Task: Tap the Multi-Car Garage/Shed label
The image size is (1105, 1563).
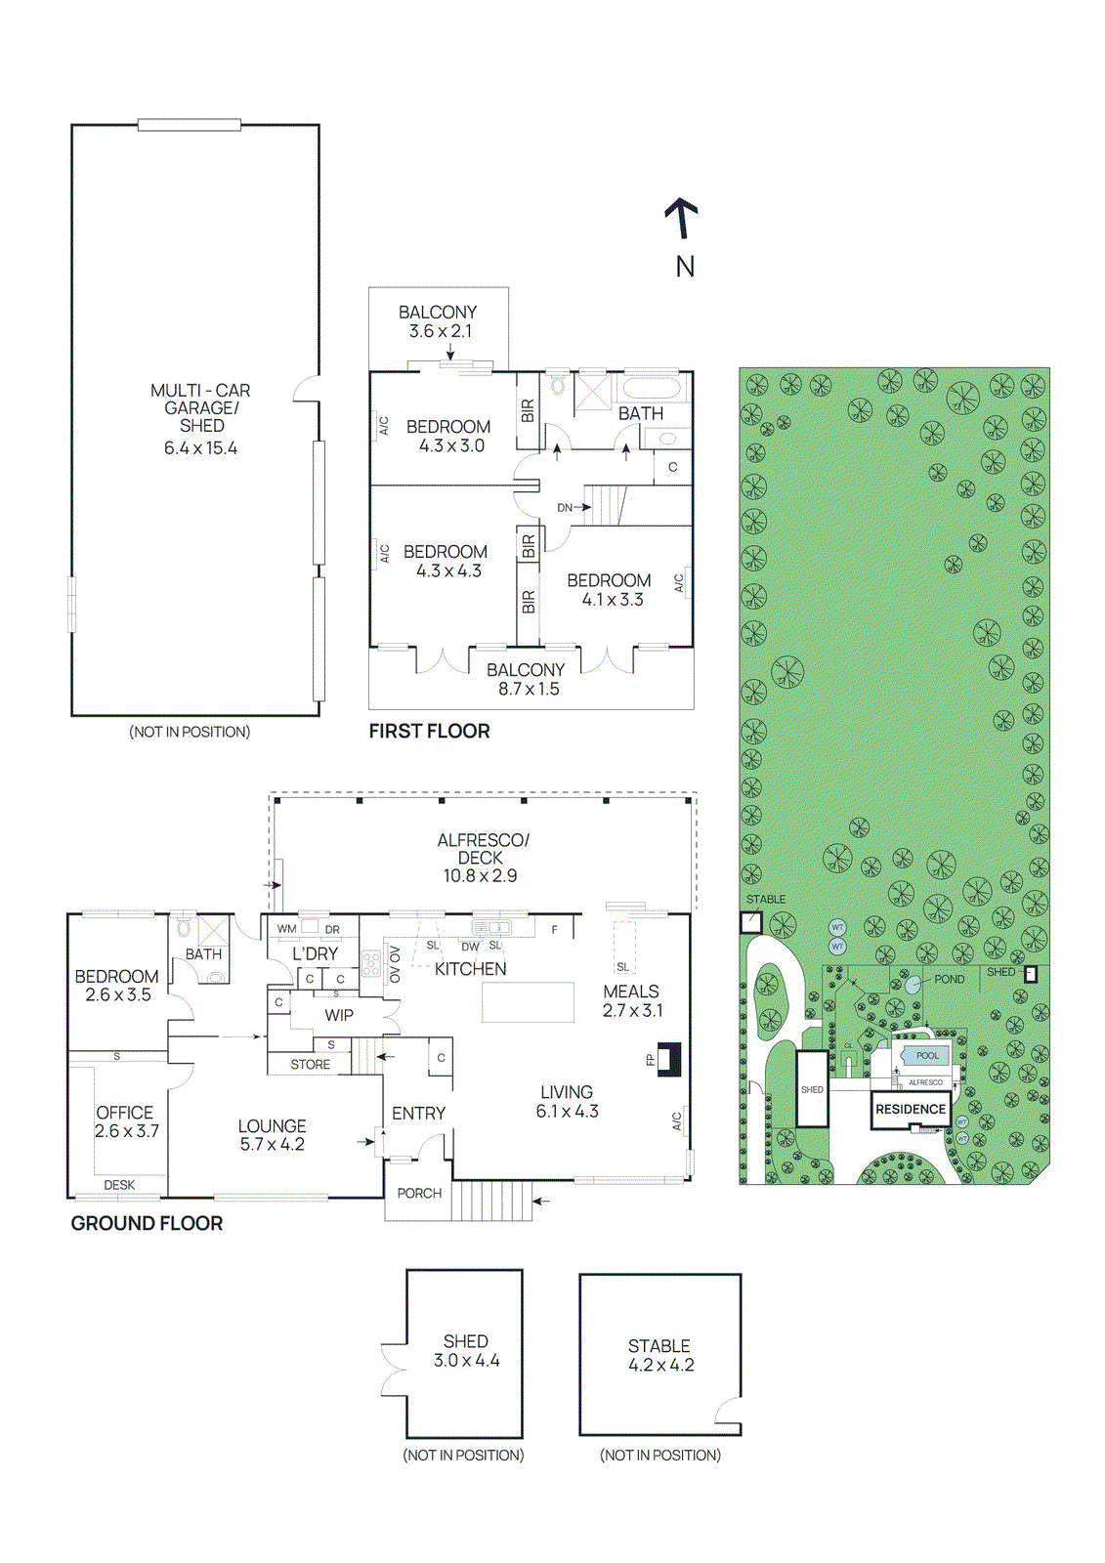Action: point(201,408)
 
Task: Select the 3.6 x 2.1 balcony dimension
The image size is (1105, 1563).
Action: point(440,331)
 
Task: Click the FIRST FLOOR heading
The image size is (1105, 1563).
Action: point(429,731)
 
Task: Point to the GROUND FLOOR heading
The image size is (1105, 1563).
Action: point(147,1223)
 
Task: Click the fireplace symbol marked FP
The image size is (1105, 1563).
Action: point(668,1059)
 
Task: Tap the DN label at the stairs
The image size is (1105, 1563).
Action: point(565,507)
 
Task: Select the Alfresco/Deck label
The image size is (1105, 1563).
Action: point(482,857)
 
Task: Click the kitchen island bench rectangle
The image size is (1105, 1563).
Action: point(528,1002)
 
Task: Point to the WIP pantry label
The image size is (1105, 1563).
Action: point(339,1015)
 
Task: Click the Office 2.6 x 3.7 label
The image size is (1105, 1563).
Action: point(126,1121)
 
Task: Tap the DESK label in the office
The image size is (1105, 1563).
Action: point(119,1185)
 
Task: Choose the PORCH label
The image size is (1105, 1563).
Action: point(419,1193)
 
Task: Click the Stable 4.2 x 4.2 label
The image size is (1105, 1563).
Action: point(660,1355)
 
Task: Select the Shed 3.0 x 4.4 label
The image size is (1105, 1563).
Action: point(466,1351)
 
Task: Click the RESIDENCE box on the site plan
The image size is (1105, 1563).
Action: point(911,1110)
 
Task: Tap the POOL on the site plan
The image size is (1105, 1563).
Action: point(926,1056)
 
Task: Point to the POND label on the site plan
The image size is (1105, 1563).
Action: point(949,979)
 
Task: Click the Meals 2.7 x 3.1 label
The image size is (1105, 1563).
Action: point(632,1000)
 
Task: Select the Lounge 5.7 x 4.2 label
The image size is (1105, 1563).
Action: point(272,1135)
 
